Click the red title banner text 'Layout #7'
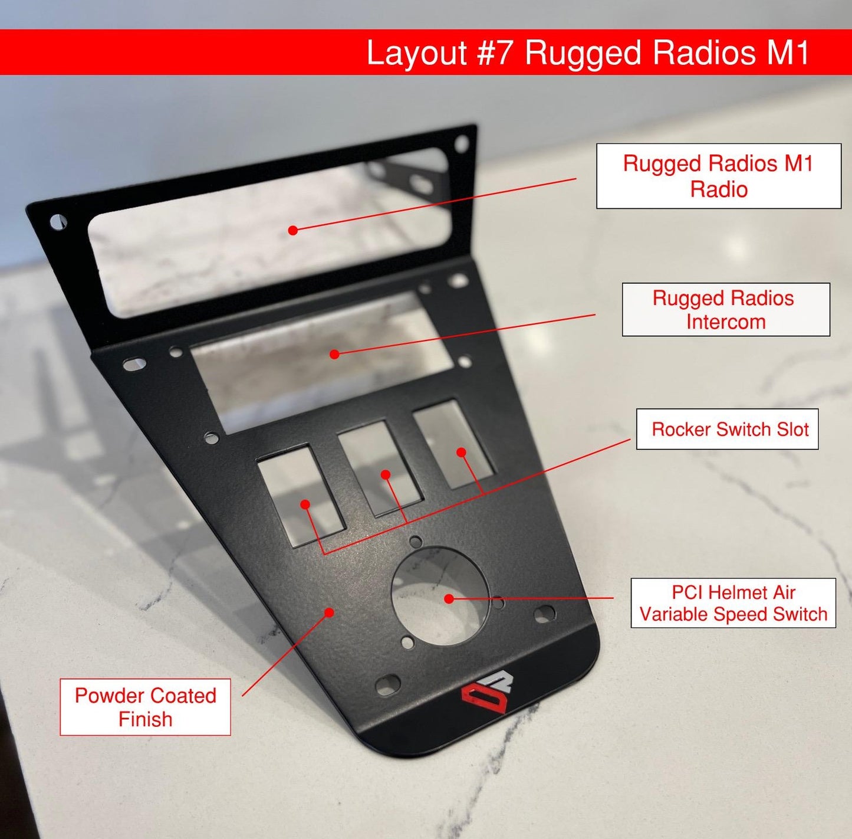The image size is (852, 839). point(441,53)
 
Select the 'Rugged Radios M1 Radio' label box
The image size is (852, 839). point(718,176)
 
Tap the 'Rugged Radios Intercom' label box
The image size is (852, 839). point(725,310)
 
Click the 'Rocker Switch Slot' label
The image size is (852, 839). point(727,429)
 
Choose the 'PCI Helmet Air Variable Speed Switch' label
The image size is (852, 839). point(733,603)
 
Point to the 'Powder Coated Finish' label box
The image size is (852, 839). point(145,707)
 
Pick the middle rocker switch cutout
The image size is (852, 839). point(380,468)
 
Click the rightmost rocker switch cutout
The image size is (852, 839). point(453,444)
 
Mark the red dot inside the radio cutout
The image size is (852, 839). point(293,230)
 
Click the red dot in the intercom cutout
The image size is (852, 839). point(334,354)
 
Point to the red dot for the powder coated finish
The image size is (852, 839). point(330,612)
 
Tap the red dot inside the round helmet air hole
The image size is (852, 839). point(449,598)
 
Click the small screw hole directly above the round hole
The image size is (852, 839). point(415,541)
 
